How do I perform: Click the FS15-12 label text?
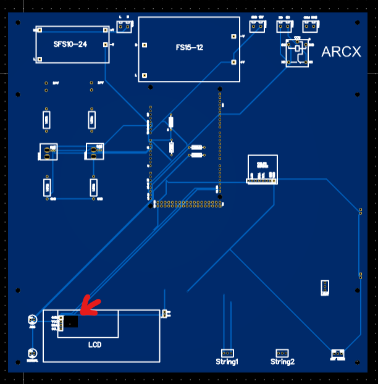[190, 48]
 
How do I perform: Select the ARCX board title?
[341, 52]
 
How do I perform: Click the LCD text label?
[94, 344]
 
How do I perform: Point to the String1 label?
[227, 362]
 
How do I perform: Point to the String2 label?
[282, 362]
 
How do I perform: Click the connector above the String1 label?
[227, 353]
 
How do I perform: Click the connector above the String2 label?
[282, 353]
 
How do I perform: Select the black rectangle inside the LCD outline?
[72, 322]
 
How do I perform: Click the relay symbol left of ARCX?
[297, 52]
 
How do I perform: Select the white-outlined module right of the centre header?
[262, 170]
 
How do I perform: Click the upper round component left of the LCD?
[33, 319]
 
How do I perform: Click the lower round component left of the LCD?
[33, 354]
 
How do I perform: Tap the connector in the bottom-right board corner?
[337, 354]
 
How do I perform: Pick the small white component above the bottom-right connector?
[324, 287]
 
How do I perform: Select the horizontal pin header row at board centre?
[188, 203]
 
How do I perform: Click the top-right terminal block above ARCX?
[311, 26]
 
